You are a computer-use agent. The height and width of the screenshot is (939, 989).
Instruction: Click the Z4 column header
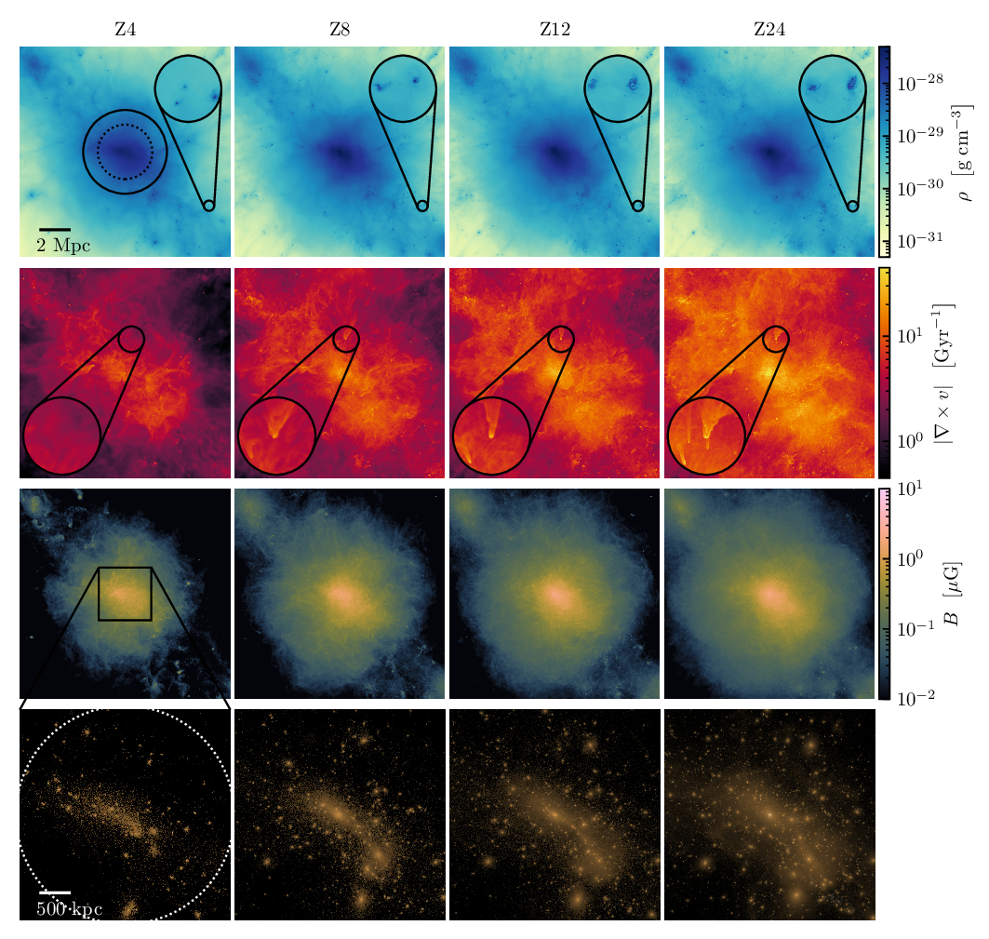(x=125, y=29)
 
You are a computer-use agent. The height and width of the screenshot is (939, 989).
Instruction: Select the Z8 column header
(x=340, y=29)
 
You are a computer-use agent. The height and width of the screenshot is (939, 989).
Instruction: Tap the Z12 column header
(x=555, y=29)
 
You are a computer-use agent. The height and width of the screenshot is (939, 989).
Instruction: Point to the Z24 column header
(x=769, y=29)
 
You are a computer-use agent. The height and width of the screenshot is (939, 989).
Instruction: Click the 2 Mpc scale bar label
(x=63, y=246)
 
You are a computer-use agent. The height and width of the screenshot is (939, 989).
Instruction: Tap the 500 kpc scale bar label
(x=70, y=908)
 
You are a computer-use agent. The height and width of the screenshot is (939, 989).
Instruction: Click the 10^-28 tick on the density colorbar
(x=920, y=82)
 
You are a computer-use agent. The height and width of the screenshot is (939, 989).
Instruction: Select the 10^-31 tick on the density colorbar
(x=920, y=240)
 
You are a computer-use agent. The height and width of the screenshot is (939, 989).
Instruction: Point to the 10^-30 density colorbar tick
(x=920, y=187)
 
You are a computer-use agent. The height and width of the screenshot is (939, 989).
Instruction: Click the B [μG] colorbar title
(x=953, y=593)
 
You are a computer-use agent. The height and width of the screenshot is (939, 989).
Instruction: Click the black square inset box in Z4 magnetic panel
(x=125, y=568)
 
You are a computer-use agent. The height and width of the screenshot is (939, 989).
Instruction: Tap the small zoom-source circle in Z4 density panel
(x=208, y=206)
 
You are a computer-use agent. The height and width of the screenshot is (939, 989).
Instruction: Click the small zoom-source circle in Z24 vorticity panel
(x=776, y=327)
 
